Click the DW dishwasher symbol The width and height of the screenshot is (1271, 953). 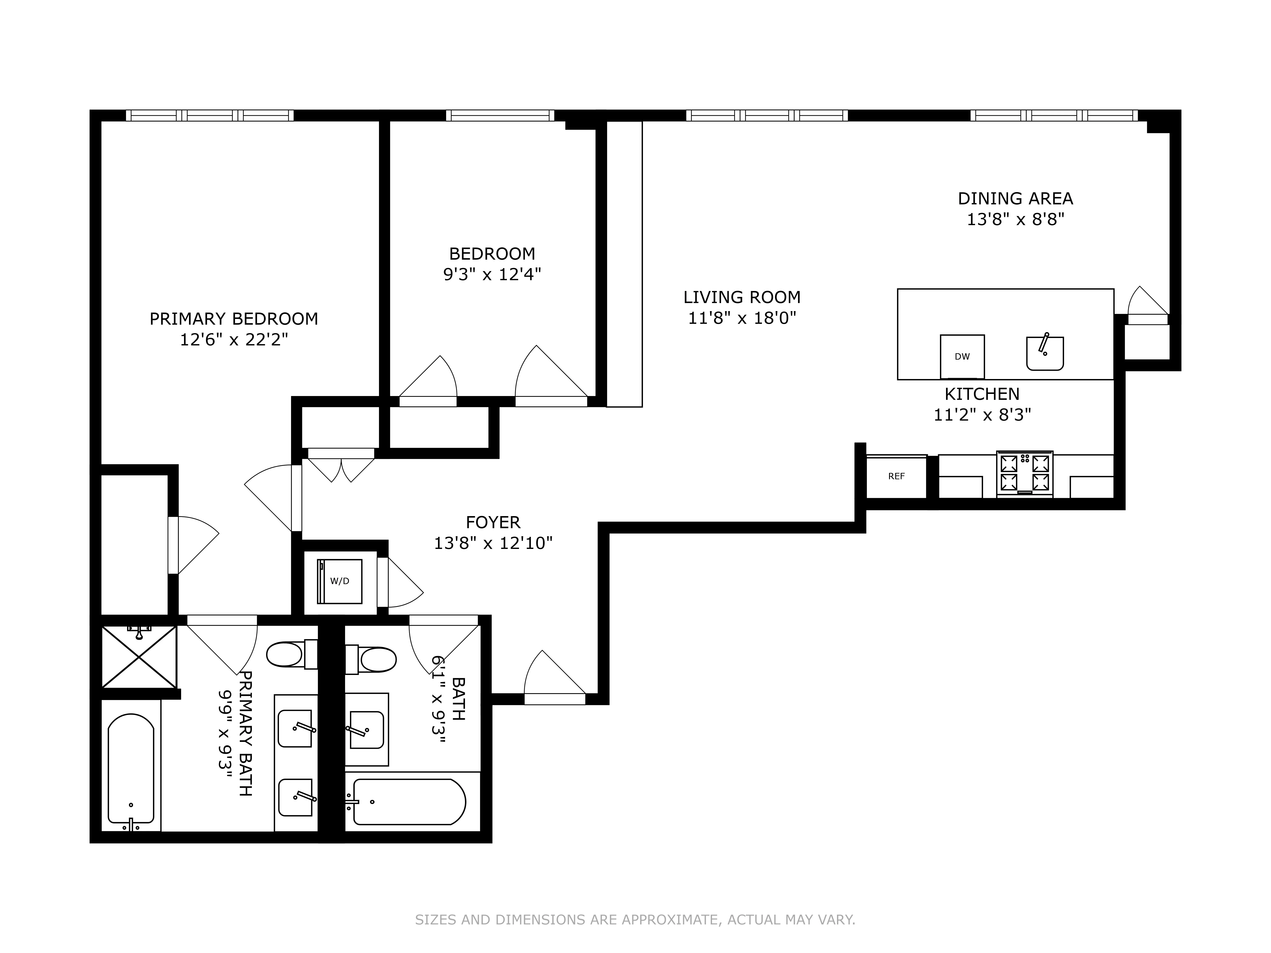click(962, 357)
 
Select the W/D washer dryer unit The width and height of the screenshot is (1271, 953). click(340, 581)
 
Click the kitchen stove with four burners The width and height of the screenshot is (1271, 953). click(1024, 474)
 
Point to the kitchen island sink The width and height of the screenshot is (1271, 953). click(1045, 353)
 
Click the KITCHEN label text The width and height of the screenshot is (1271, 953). click(982, 394)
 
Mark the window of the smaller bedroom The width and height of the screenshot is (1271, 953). click(500, 115)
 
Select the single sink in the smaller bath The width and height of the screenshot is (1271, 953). click(367, 730)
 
